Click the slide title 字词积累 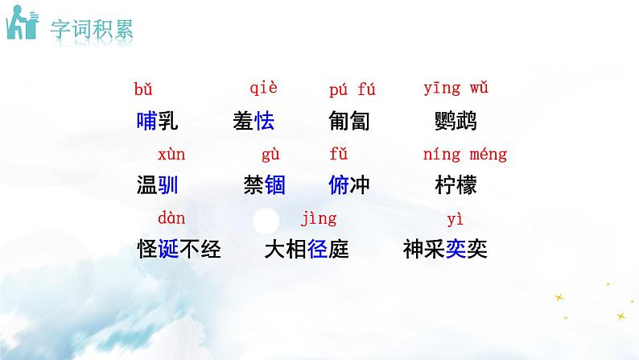coord(92,29)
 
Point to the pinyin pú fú coord(352,89)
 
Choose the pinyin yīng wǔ coord(456,89)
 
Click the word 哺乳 coord(157,122)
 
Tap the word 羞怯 coord(253,122)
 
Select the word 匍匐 coord(348,122)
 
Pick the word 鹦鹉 coord(455,122)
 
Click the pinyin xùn coord(171,154)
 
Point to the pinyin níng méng coord(465,154)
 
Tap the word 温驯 coord(157,185)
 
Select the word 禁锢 coord(263,185)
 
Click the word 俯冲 coord(348,185)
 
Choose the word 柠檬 coord(455,185)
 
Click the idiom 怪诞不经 coord(179,250)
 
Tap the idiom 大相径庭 coord(306,250)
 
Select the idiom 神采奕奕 coord(444,250)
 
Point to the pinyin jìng coord(318,218)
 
